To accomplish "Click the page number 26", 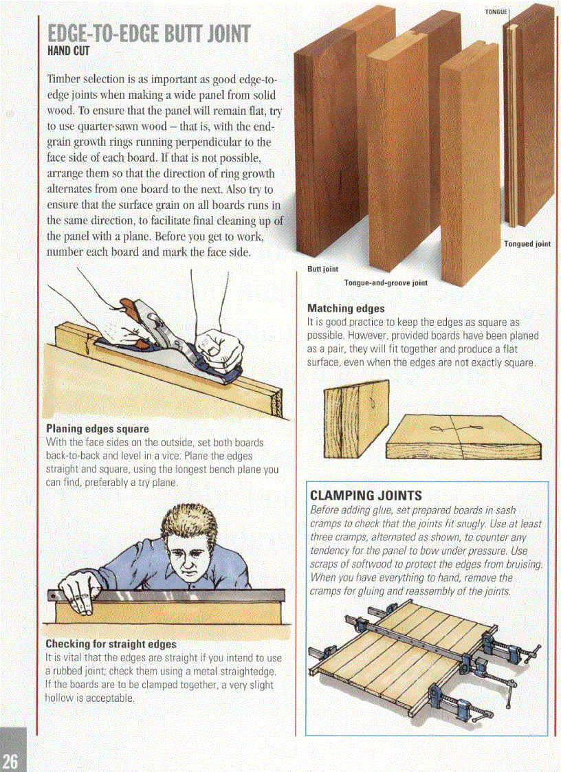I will [x=12, y=760].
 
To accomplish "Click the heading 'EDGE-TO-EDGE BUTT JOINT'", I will [x=148, y=34].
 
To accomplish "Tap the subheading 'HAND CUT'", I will [x=69, y=51].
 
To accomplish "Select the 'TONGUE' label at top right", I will [x=495, y=12].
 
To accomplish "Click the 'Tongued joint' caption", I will [x=527, y=243].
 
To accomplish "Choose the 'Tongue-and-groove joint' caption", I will [x=385, y=283].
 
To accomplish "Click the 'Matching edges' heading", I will [x=345, y=309].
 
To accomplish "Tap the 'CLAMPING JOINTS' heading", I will [x=366, y=495].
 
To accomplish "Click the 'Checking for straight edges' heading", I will [x=111, y=644].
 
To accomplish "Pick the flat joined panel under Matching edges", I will [x=474, y=437].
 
